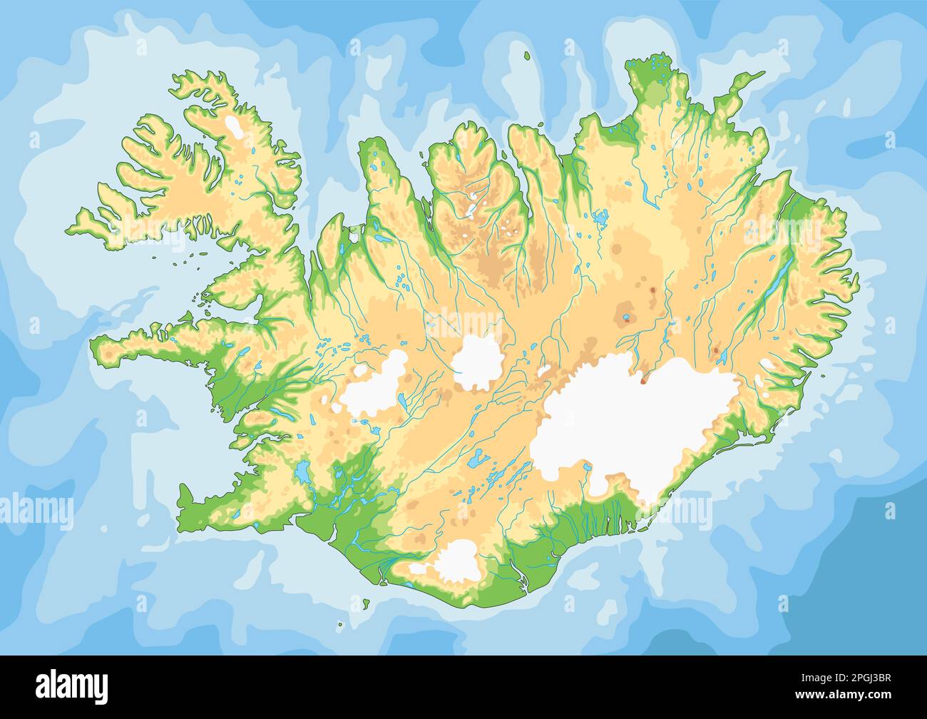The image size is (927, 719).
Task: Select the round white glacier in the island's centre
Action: (x=477, y=362)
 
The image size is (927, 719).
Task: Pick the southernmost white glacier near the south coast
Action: (x=456, y=560)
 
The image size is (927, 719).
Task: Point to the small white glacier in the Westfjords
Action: (x=233, y=127)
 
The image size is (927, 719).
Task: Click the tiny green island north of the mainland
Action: (x=527, y=56)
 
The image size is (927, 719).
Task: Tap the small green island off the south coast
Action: (x=366, y=606)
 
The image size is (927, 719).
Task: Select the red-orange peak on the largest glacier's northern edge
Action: (x=643, y=380)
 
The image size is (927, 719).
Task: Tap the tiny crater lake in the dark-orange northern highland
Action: (x=626, y=317)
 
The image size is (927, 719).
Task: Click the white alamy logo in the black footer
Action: (x=71, y=686)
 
